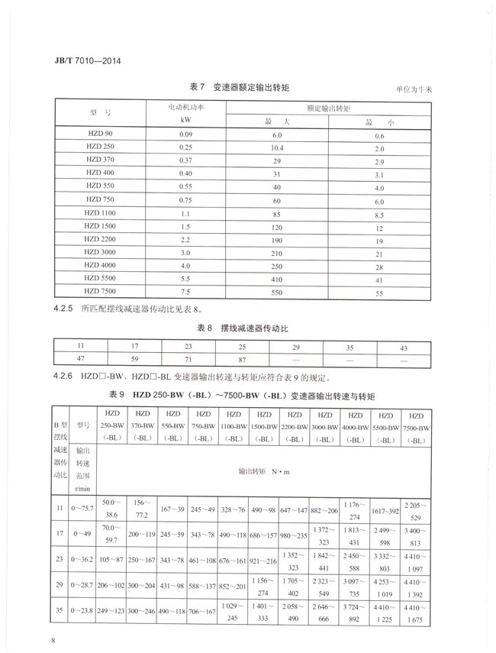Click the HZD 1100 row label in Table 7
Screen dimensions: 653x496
point(101,214)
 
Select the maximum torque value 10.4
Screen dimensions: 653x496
point(276,147)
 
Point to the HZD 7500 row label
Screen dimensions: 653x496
point(101,292)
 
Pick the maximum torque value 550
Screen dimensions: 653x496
point(276,293)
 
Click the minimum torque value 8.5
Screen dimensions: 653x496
point(378,214)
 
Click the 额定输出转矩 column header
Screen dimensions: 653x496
point(328,108)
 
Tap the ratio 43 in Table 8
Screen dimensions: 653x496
point(404,348)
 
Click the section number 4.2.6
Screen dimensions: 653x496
point(68,376)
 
